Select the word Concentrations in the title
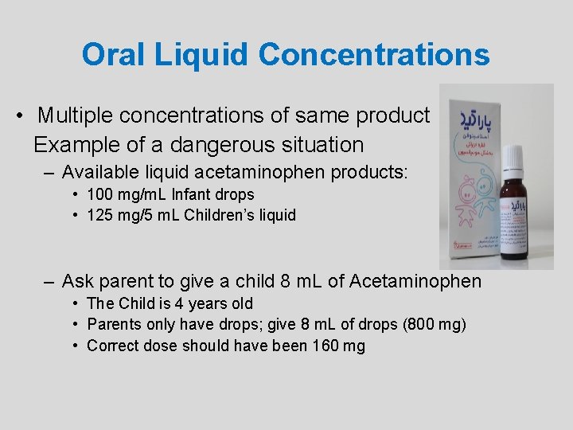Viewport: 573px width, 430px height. point(374,54)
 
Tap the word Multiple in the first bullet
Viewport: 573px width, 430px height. point(73,115)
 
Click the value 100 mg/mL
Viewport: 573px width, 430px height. point(126,194)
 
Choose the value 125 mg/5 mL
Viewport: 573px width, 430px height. point(133,215)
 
